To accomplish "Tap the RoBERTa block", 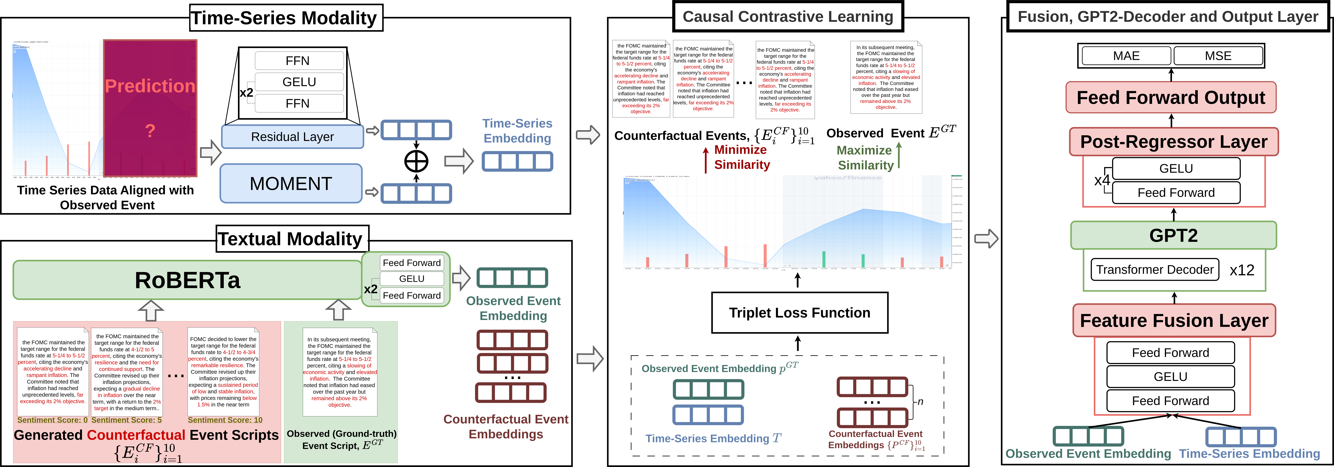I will tap(188, 280).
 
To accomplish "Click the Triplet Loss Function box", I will tap(800, 313).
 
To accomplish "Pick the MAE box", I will tap(1126, 56).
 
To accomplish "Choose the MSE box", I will tap(1218, 56).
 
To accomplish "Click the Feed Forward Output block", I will tap(1171, 97).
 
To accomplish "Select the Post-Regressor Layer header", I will tap(1173, 142).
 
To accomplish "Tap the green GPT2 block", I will tap(1173, 235).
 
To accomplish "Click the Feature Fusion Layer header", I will tap(1174, 320).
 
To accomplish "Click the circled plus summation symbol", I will tap(416, 161).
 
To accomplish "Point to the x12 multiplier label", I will tap(1242, 270).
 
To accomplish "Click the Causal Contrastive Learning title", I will tap(788, 17).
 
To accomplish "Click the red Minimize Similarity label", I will tap(742, 157).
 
